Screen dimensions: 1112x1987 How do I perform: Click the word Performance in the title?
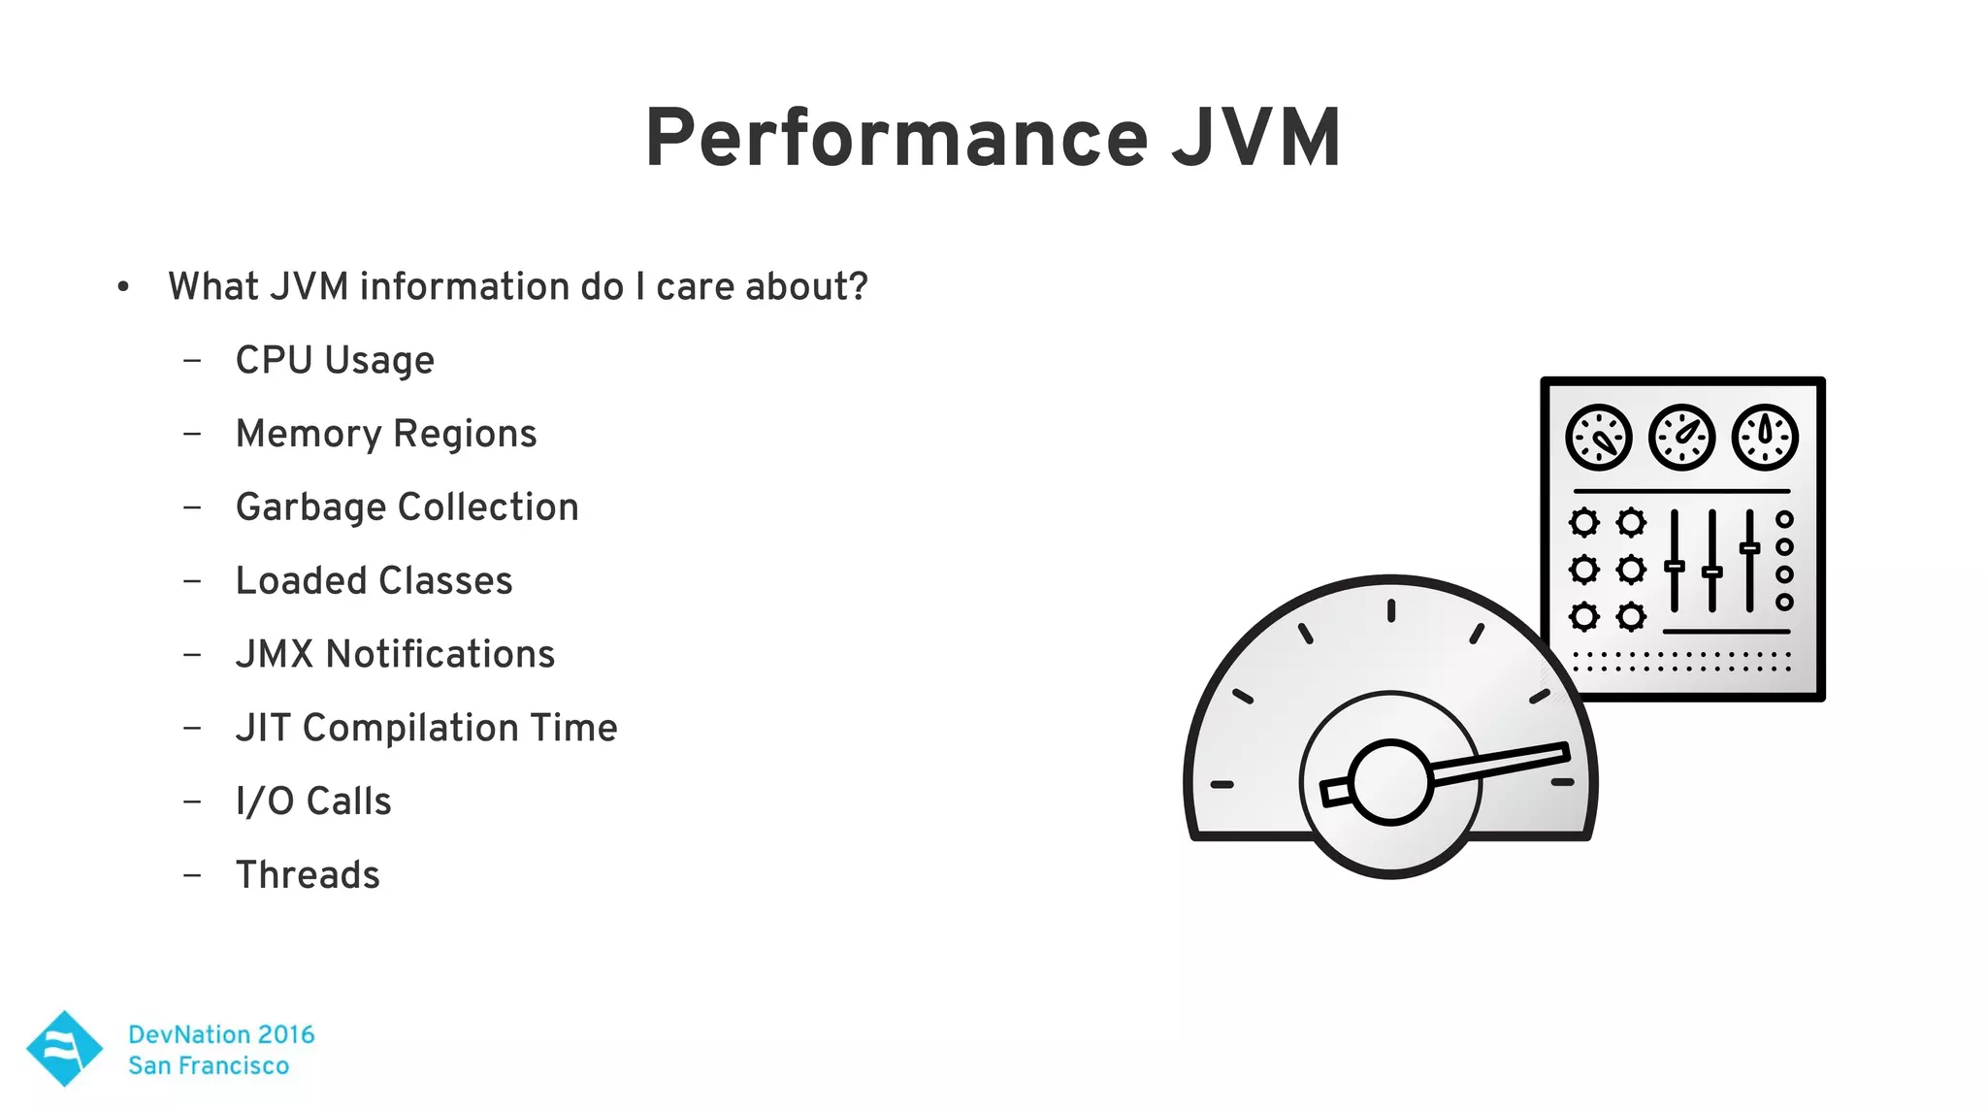[896, 139]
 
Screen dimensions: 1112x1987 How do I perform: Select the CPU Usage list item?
[335, 361]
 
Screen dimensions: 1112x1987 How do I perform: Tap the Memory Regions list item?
[386, 434]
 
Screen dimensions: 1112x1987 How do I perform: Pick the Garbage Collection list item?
[407, 507]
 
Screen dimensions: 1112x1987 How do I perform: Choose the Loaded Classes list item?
[374, 581]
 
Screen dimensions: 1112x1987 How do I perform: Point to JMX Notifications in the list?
[395, 655]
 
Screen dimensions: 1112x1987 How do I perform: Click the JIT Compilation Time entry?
[426, 728]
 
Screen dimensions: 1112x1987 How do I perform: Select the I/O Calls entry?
[313, 801]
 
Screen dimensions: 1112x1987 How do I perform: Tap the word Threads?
[308, 875]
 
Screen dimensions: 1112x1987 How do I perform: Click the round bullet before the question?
[123, 287]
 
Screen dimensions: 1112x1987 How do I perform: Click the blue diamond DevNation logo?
[64, 1048]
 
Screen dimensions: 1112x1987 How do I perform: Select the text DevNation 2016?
[221, 1034]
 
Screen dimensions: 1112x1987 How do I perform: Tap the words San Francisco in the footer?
[209, 1065]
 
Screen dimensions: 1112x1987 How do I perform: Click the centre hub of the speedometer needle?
[1390, 782]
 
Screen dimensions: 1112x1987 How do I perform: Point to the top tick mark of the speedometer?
[1390, 610]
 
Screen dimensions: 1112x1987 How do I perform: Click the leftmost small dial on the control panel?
[1598, 438]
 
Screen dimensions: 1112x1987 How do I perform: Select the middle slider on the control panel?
[1712, 571]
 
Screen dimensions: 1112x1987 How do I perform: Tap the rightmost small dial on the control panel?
[1765, 438]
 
